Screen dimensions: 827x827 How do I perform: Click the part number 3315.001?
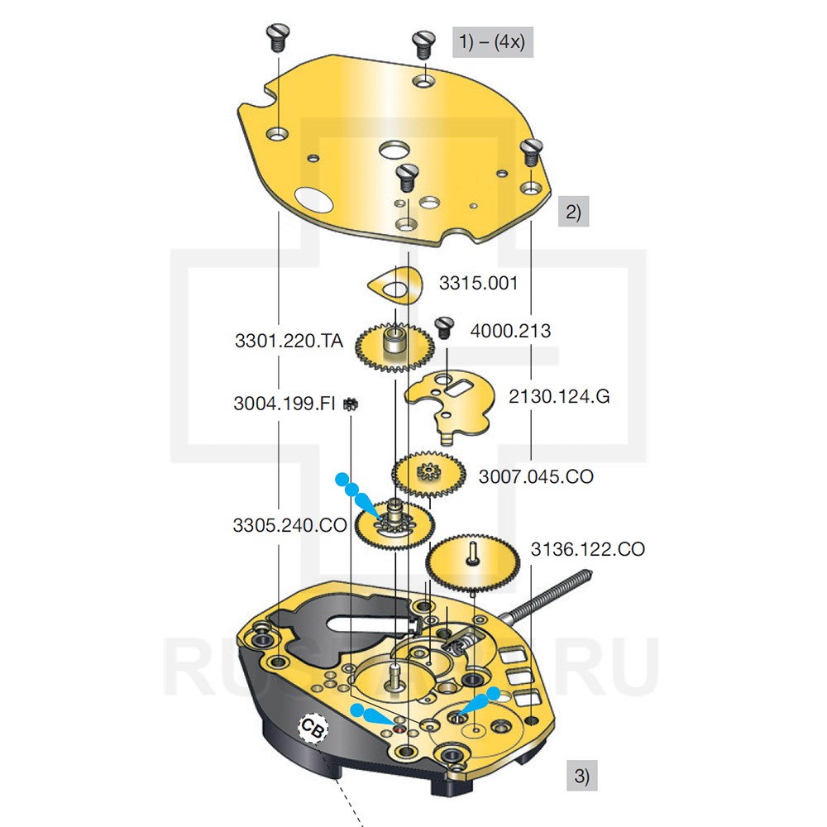pos(478,283)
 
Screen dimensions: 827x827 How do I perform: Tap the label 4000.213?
pos(510,331)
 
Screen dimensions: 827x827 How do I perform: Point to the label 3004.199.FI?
pos(284,404)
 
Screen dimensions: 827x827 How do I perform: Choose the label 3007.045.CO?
pos(536,477)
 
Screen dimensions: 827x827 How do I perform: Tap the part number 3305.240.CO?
pos(289,524)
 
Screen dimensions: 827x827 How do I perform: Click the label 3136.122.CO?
pos(587,548)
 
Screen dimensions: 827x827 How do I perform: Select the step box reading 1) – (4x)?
pos(492,41)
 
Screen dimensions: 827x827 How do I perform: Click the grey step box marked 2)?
pos(573,213)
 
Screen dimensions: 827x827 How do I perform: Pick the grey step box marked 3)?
pos(581,777)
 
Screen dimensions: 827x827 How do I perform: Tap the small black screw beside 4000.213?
pos(444,326)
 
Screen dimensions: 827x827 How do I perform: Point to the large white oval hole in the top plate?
pos(311,198)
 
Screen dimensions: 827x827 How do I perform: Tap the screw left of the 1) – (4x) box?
pos(423,42)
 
